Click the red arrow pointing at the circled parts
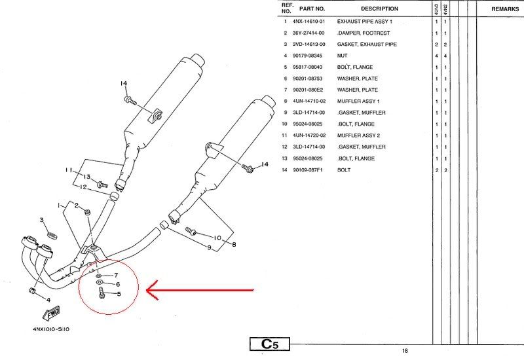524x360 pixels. pos(200,290)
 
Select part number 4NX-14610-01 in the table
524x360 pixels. pos(309,22)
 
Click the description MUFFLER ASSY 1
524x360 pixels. pos(358,101)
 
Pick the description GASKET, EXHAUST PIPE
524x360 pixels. pos(367,44)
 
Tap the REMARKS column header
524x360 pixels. pos(505,9)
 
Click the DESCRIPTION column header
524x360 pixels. pos(379,9)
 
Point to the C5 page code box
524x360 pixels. pos(270,344)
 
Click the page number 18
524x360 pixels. pos(405,351)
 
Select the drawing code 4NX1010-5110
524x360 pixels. pos(51,329)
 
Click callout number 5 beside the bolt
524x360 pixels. pos(119,294)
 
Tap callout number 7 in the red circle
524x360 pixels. pos(116,276)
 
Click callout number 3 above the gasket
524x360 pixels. pos(42,220)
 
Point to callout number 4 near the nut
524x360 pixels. pos(48,300)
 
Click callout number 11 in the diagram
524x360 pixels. pos(69,170)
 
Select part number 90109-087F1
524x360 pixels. pos(308,170)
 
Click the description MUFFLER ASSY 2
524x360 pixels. pos(358,135)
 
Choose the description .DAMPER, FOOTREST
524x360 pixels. pos(364,33)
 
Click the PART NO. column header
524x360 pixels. pos(312,9)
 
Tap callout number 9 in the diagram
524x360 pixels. pos(209,248)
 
